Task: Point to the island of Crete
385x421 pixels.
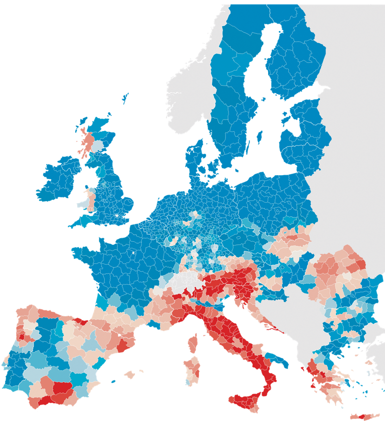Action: [x=365, y=416]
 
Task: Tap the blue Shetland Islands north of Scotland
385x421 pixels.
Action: [x=124, y=98]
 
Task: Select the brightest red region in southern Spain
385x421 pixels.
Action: [x=62, y=388]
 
